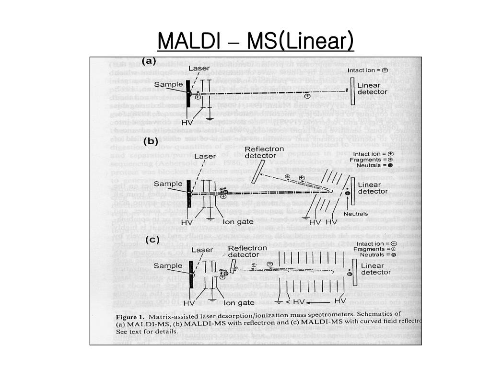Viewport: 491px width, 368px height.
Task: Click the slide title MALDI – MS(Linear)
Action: click(255, 41)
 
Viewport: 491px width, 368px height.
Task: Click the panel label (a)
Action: click(150, 61)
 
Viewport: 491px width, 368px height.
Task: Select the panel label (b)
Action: click(151, 141)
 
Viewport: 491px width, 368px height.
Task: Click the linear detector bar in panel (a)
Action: click(352, 91)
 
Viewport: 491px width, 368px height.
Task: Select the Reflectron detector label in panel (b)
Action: click(264, 152)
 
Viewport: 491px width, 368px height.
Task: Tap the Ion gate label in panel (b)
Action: click(239, 222)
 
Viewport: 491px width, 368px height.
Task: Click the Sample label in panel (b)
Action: click(168, 184)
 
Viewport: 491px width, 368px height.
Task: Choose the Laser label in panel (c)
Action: click(203, 250)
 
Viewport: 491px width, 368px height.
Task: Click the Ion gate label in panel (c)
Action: click(239, 303)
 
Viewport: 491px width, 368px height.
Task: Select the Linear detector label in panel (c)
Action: click(375, 269)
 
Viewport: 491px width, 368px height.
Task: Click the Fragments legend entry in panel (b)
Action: click(379, 159)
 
